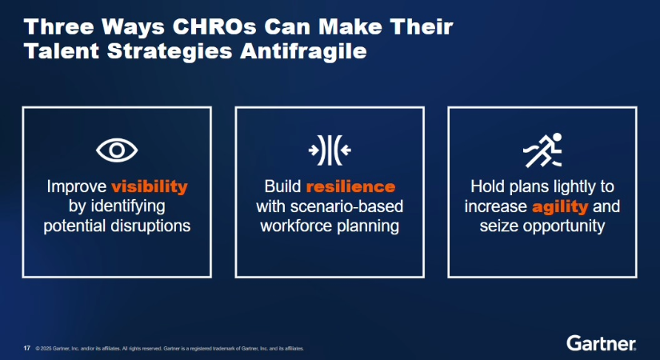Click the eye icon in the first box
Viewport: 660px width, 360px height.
tap(117, 150)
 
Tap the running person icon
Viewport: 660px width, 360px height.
tap(542, 150)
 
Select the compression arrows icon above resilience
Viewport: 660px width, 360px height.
tap(330, 150)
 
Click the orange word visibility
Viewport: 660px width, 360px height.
tap(150, 186)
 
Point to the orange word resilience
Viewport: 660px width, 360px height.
tap(350, 186)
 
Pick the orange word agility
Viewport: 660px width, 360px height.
tap(560, 206)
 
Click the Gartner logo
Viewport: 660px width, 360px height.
tap(601, 343)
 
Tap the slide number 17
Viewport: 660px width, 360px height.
tap(27, 348)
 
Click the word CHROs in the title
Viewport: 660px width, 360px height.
tap(214, 27)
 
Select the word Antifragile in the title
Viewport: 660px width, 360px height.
tap(303, 51)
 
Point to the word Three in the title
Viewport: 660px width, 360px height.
tap(59, 27)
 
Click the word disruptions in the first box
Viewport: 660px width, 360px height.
tap(150, 226)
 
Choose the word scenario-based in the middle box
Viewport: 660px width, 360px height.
tap(347, 206)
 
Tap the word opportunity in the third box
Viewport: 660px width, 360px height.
tap(564, 226)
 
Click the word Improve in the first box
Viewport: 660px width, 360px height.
tap(77, 186)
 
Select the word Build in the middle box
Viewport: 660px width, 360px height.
tap(282, 186)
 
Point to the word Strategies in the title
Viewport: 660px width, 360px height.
tap(170, 52)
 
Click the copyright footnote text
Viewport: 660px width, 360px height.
tap(170, 349)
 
